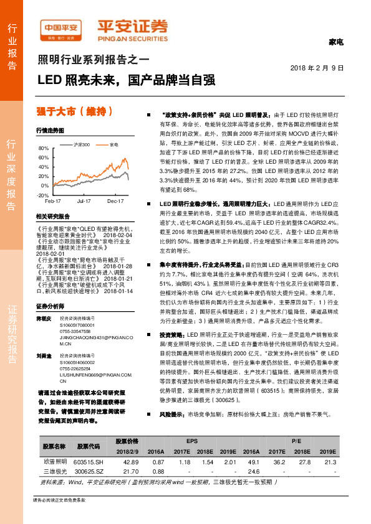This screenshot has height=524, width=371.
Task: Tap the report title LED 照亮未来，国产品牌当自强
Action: pos(127,80)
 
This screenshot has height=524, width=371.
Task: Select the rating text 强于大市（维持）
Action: pos(75,112)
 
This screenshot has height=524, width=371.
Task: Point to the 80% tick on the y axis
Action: pos(43,149)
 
